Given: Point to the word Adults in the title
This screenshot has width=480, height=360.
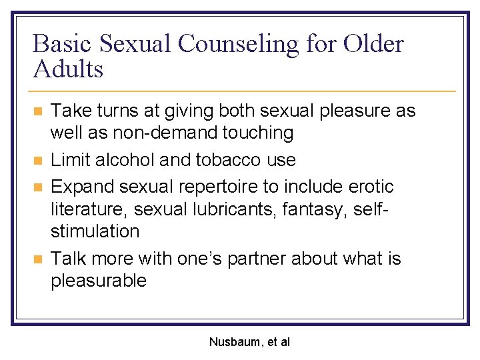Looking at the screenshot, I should click(x=68, y=69).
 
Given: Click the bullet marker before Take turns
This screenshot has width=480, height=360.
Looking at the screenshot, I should click(x=39, y=111).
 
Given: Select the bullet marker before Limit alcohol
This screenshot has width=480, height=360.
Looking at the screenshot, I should click(x=39, y=160).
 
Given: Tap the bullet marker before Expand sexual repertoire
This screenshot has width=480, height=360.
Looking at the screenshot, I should click(x=39, y=187).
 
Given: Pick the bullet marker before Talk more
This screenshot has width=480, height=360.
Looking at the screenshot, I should click(x=39, y=259).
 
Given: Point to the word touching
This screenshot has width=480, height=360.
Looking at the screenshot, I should click(x=256, y=133).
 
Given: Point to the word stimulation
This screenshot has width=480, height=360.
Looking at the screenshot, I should click(x=95, y=232).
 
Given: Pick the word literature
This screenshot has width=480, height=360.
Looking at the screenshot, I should click(x=89, y=209).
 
